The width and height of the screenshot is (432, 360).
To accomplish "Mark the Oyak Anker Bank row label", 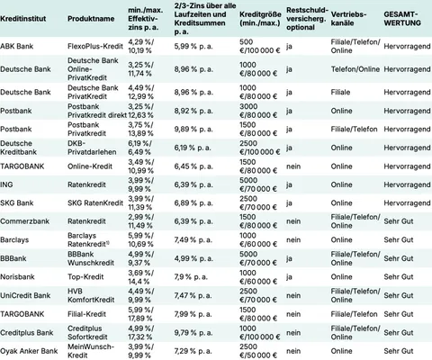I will (30, 352).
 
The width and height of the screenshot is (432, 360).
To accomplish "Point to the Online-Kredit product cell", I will (92, 166).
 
